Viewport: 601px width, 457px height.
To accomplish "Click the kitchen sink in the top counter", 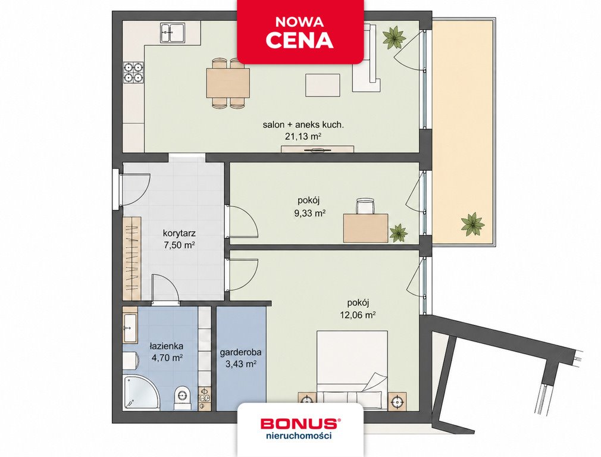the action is click(173, 33).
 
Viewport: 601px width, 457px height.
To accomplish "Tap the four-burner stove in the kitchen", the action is click(134, 73).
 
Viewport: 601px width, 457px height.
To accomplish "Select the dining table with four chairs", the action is click(228, 83).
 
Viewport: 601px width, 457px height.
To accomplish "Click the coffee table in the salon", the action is click(323, 84).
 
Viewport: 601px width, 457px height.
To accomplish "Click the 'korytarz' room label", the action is click(180, 233).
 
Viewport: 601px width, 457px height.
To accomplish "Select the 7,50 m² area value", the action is click(180, 245).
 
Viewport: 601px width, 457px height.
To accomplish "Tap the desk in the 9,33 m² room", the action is click(366, 228).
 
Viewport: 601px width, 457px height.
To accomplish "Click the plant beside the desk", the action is click(398, 233).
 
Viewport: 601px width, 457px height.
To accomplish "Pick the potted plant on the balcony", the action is click(472, 225).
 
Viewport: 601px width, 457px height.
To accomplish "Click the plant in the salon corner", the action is click(394, 37).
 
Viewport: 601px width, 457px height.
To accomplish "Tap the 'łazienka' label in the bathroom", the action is click(166, 346).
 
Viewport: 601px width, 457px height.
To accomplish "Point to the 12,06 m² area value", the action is click(357, 315).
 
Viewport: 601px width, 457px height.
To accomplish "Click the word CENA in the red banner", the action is click(300, 40).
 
